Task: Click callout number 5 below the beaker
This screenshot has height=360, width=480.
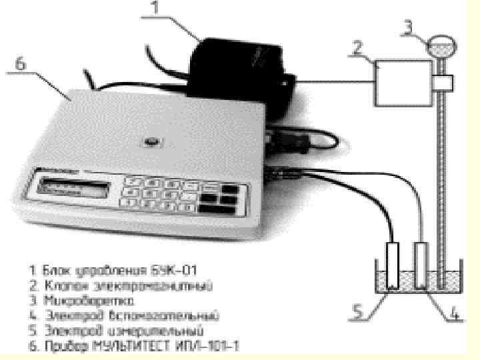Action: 360,311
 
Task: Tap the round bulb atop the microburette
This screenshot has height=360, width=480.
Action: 443,46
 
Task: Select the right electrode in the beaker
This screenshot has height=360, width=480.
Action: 421,264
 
